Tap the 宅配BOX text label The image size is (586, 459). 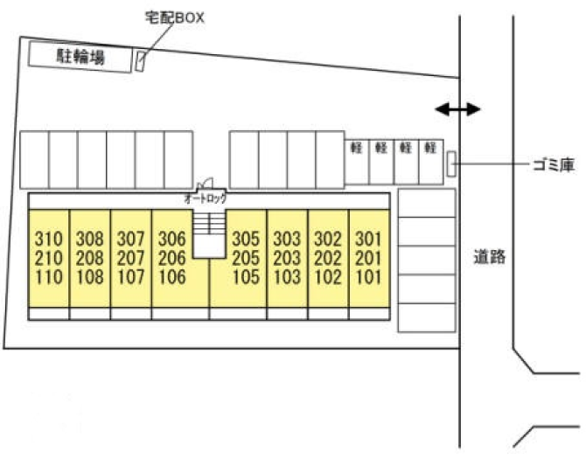click(174, 17)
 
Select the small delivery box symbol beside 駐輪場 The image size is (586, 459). click(140, 61)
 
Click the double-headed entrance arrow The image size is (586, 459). click(458, 109)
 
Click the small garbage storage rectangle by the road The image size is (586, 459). click(450, 163)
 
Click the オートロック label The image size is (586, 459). click(206, 199)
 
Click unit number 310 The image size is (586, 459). click(47, 239)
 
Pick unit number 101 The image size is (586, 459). click(368, 277)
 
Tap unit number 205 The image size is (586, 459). click(246, 258)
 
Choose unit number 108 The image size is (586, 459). click(89, 277)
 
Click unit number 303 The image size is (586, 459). click(287, 239)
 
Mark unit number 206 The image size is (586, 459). click(172, 258)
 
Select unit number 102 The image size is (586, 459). click(327, 277)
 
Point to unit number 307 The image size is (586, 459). click(130, 239)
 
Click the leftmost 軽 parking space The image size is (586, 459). click(357, 148)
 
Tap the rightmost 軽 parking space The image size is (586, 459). click(429, 148)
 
